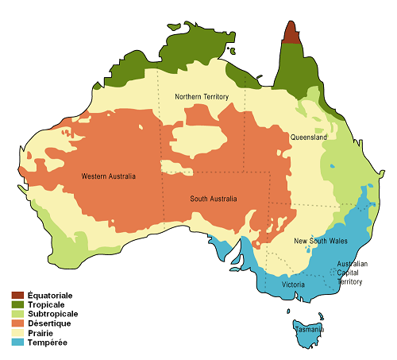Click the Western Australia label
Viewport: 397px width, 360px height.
coord(109,176)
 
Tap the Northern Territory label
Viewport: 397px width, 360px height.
coord(202,97)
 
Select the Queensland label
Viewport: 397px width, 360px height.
coord(308,137)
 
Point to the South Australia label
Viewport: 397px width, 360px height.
coord(213,199)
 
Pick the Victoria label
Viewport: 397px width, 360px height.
coord(293,284)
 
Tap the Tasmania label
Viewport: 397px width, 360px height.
coord(309,329)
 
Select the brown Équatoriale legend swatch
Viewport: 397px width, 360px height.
coord(17,296)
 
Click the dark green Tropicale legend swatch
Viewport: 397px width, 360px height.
coord(17,305)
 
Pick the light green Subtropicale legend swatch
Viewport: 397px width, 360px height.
coord(17,315)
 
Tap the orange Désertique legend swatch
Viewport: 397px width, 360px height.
coord(17,324)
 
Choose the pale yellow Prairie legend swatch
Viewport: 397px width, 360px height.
coord(17,334)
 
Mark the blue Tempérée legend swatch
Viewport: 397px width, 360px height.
coord(17,343)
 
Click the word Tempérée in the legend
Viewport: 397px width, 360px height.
coord(47,343)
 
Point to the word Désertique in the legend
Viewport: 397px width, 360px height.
coord(49,324)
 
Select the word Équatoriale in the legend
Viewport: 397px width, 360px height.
coord(50,296)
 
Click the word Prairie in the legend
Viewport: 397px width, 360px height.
coord(41,334)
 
